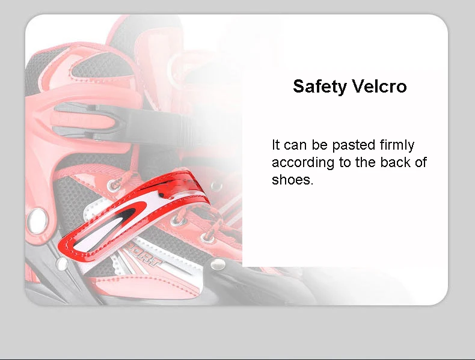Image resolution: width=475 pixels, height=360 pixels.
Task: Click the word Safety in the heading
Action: tap(320, 87)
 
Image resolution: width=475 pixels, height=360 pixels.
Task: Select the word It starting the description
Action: tap(275, 145)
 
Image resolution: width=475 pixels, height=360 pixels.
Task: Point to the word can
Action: tap(295, 145)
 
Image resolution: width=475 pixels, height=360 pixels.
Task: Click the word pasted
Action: tap(354, 146)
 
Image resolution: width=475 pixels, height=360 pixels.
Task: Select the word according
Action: tap(303, 163)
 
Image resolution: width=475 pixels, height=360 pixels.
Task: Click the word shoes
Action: tap(292, 180)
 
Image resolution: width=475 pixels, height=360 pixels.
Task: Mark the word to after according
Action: tap(345, 163)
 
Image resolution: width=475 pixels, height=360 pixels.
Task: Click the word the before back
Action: tap(366, 162)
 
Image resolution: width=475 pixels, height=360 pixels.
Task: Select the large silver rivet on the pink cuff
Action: tap(37, 221)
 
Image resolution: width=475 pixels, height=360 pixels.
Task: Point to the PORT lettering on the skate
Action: tap(142, 257)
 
